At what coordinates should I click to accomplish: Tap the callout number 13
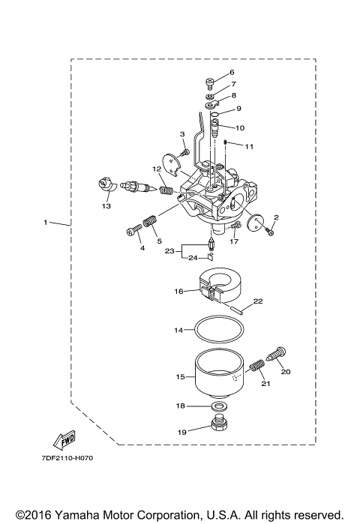point(106,205)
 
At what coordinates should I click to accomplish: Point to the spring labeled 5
point(150,223)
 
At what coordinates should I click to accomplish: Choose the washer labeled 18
point(219,406)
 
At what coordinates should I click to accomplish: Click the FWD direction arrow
point(64,438)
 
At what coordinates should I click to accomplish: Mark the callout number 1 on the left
point(46,223)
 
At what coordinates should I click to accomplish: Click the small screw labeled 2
point(271,232)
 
